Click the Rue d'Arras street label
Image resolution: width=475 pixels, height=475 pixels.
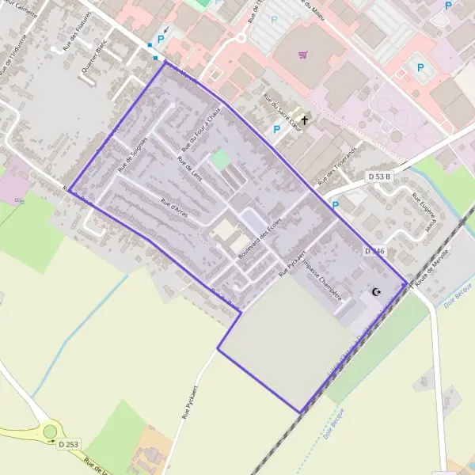[x=173, y=207]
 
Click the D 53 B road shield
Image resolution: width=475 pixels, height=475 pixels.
[x=379, y=177]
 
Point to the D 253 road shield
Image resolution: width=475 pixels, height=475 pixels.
[x=69, y=445]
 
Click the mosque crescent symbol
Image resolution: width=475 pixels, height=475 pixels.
[x=377, y=293]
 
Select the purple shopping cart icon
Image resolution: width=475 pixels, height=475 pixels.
[x=303, y=55]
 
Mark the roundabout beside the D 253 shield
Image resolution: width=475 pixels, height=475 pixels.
[x=51, y=431]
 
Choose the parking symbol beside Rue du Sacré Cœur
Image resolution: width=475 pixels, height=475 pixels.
[x=276, y=128]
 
